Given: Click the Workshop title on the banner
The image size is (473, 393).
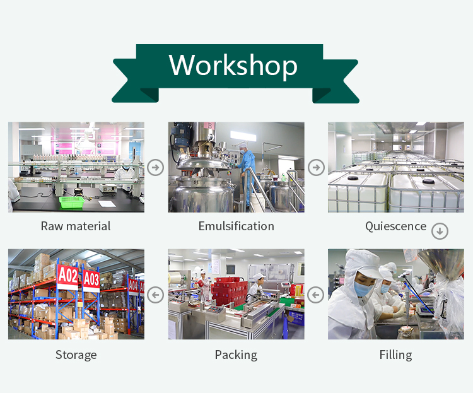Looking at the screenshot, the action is (233, 65).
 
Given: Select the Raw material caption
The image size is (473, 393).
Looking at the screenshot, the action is (76, 226).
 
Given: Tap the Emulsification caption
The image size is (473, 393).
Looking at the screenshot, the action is (237, 226).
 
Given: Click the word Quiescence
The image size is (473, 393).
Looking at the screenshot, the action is (396, 226).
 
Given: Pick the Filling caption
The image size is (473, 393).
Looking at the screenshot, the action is (396, 355).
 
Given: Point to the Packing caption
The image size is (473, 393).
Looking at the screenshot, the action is (236, 355).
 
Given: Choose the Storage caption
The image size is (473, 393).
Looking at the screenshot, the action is (76, 355).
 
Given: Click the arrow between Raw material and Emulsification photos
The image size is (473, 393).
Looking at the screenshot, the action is (156, 167).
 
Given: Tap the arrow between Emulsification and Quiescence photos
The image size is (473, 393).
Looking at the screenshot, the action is (316, 167).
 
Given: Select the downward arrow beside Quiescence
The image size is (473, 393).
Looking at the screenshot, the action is (440, 232).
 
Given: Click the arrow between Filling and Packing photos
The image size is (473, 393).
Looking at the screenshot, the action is (316, 295).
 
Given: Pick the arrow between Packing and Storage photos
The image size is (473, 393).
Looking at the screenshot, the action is (156, 295).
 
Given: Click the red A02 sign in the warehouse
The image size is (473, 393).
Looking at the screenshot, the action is (68, 276).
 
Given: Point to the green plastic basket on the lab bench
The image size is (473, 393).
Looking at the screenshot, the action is (71, 202).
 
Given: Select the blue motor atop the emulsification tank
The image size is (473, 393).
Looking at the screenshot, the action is (180, 134).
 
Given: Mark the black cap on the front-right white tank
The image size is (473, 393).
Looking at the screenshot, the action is (428, 181).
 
